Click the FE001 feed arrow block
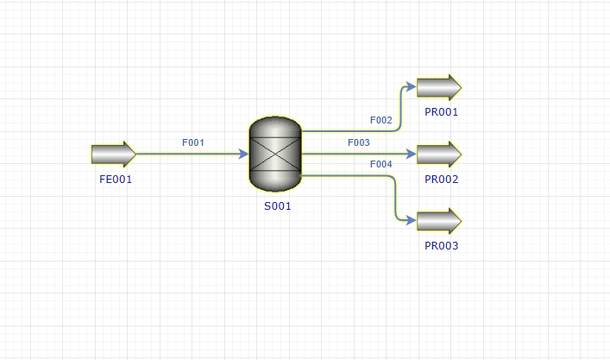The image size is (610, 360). [x=114, y=155]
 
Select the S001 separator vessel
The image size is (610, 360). [x=275, y=155]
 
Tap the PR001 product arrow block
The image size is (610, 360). [x=439, y=87]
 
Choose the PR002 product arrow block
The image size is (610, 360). [x=439, y=155]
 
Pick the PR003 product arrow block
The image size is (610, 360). [x=439, y=221]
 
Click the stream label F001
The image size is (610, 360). [x=193, y=142]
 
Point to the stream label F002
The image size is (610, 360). [x=380, y=120]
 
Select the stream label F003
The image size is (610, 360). [x=359, y=142]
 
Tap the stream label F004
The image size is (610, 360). [x=380, y=164]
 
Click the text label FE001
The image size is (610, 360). [x=116, y=180]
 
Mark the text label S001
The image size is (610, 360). [x=277, y=205]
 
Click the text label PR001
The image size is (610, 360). [x=441, y=112]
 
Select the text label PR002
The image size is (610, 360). [x=441, y=180]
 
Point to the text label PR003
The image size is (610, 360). [x=441, y=246]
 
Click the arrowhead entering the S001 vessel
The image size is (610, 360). [x=243, y=155]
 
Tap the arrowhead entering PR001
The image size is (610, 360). [x=412, y=86]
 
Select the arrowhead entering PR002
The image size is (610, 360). [x=412, y=155]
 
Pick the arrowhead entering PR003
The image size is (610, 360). [x=412, y=221]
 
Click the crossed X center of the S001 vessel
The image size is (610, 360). [x=275, y=155]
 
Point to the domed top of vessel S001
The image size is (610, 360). [x=275, y=127]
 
